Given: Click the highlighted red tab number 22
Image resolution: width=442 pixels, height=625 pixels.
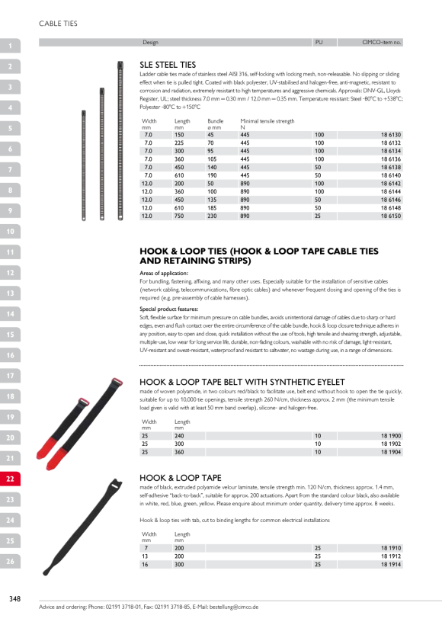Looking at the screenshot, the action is pos(10,479).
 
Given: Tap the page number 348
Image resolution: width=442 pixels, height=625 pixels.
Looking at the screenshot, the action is pos(14,598).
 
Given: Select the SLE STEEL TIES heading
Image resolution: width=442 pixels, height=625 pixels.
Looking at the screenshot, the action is pos(168,65).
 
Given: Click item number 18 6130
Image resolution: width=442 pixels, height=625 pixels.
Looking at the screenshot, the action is pos(391,135).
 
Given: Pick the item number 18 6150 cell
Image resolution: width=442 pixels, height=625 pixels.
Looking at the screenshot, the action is pos(391,216).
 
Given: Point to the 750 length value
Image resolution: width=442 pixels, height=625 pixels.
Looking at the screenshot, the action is pos(179,216).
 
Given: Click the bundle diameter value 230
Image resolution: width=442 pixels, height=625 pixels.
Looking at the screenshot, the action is pos(212,216).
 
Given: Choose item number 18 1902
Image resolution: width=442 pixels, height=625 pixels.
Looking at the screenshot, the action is pos(391,444).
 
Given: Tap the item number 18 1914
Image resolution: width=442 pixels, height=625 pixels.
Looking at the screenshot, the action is pos(391,565).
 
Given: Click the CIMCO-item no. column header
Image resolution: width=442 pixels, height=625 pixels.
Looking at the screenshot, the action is pos(382,42).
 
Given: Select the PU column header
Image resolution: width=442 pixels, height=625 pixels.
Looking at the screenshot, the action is pos(319,42).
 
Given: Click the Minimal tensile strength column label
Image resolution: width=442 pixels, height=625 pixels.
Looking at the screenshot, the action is pos(267,120).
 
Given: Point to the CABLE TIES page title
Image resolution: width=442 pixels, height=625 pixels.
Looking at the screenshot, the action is pos(58,24).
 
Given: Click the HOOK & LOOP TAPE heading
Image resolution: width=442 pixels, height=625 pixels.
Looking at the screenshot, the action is pos(180,478).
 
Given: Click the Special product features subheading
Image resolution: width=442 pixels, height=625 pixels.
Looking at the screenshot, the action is pos(169,309).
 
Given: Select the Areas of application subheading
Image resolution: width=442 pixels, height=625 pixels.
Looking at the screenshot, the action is pos(164,273).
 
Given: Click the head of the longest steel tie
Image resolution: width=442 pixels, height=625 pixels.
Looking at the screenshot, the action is pos(120,65).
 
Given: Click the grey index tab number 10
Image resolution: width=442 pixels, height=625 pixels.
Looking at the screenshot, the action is pos(10,231).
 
